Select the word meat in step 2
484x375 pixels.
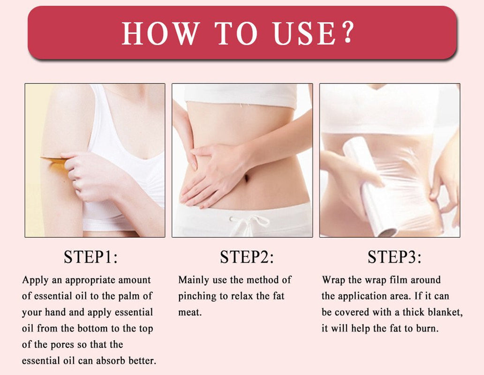(189, 312)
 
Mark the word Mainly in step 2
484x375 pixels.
(194, 280)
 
